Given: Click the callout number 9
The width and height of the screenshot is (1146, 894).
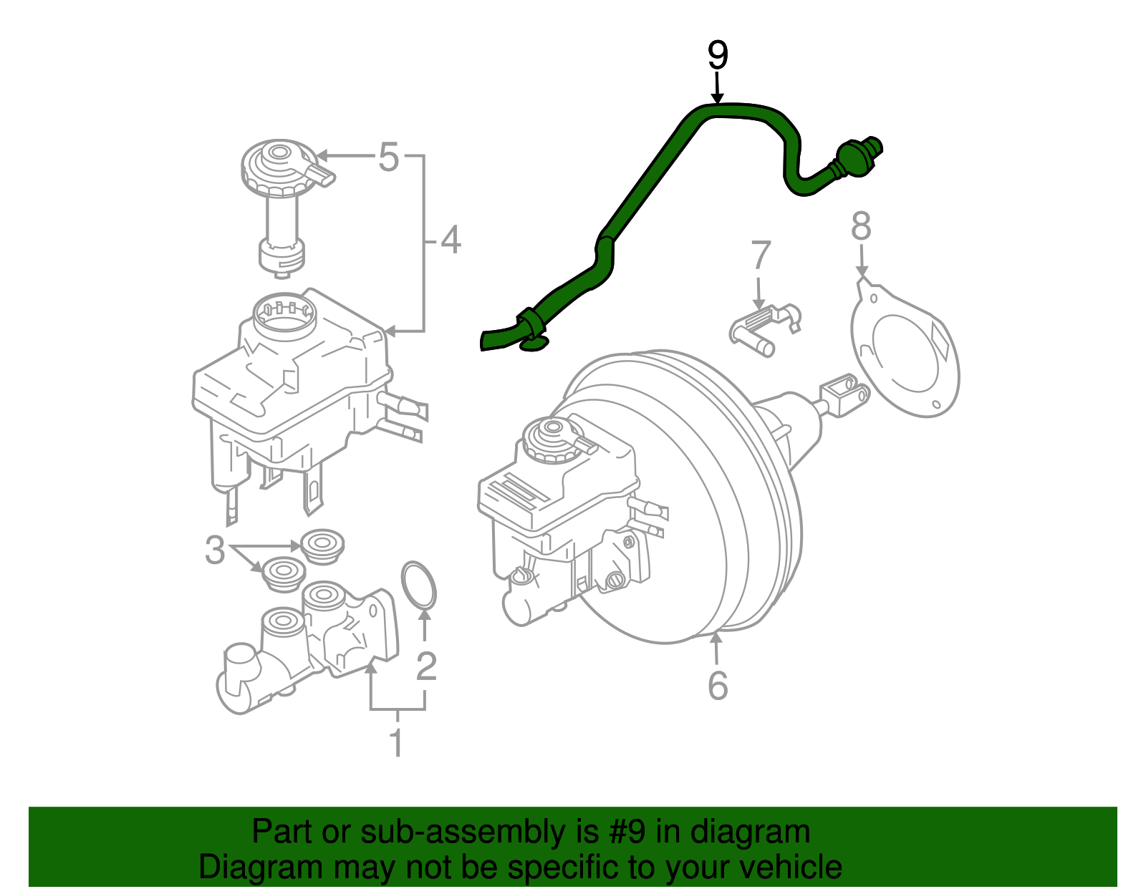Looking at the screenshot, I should [717, 57].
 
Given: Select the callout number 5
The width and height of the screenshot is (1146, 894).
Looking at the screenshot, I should [387, 157].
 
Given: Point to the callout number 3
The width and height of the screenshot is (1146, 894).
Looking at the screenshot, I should [214, 550].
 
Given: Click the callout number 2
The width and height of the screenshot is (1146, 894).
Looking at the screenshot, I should [426, 666].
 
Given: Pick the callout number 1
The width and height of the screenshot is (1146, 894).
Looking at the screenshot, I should [396, 743].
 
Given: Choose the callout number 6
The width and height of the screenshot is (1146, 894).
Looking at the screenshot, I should [718, 686].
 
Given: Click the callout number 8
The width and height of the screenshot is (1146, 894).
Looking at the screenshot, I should [861, 226].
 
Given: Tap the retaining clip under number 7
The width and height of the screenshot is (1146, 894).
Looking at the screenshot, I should [764, 329].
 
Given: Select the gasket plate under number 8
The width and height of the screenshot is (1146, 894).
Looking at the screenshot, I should [906, 351].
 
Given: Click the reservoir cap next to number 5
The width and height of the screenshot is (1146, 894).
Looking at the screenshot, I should [279, 166].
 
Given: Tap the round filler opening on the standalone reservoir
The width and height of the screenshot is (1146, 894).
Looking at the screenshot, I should [284, 315].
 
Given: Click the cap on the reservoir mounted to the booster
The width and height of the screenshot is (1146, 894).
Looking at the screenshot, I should [552, 438].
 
